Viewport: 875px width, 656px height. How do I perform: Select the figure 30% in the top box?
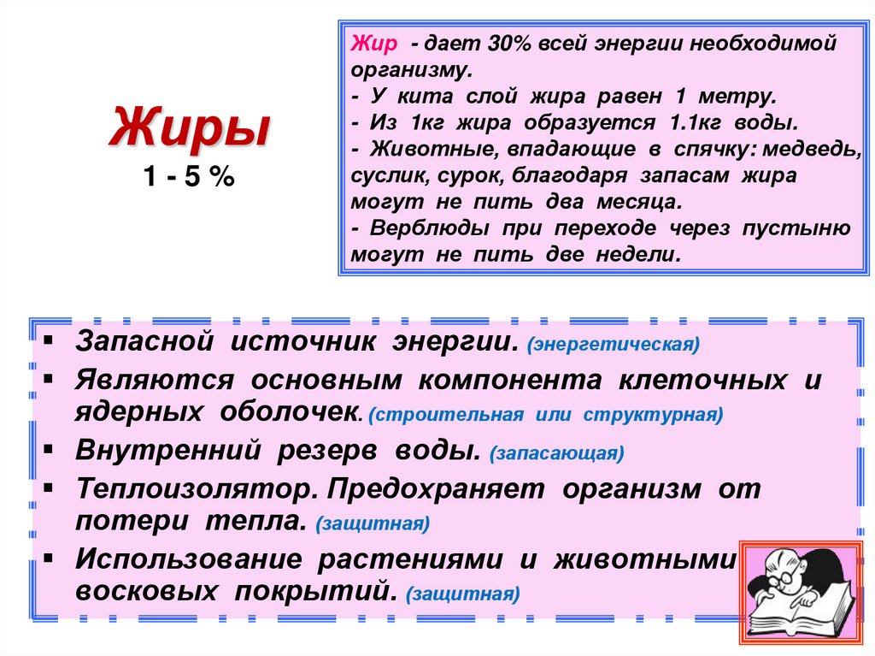click(x=490, y=44)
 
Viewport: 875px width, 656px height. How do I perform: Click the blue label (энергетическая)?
click(x=614, y=346)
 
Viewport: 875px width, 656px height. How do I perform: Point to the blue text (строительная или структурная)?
click(x=546, y=416)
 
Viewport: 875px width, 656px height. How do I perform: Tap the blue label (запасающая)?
click(x=556, y=453)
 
